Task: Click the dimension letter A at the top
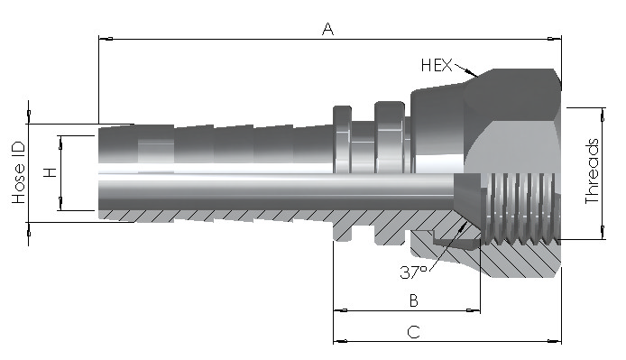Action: click(327, 29)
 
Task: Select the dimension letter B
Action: click(414, 300)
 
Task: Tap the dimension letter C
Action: click(414, 332)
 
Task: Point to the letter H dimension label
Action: click(51, 172)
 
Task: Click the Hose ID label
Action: click(19, 172)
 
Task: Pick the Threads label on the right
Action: click(592, 171)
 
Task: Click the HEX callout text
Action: click(437, 65)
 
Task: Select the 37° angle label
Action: click(413, 272)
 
